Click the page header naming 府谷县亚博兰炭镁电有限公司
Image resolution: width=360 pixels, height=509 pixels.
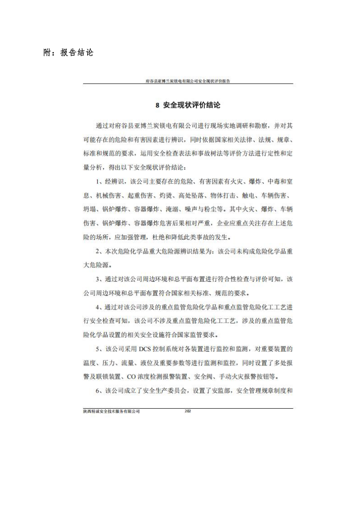click(x=189, y=81)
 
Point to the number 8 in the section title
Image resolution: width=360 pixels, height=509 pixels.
click(x=157, y=105)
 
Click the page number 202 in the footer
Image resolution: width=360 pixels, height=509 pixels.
click(x=189, y=411)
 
